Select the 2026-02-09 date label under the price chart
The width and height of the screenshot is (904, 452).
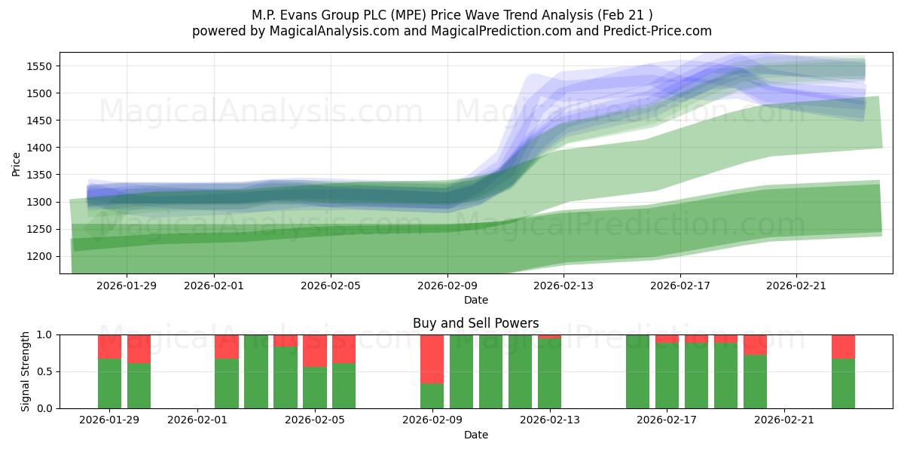click(447, 286)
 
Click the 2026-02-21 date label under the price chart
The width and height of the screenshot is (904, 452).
click(796, 286)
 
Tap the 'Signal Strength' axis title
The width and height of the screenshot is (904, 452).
click(26, 371)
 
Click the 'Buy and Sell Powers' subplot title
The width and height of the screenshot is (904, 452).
click(475, 323)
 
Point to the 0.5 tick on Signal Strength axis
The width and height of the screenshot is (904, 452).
click(44, 371)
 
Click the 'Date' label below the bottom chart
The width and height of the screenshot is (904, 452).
click(475, 435)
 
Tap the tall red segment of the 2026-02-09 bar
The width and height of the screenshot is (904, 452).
click(432, 359)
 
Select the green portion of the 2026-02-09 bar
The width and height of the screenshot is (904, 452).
click(432, 395)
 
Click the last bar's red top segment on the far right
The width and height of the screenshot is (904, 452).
click(843, 347)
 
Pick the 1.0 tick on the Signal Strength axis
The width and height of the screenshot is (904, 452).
click(44, 334)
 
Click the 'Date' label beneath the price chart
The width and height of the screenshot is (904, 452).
click(475, 300)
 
